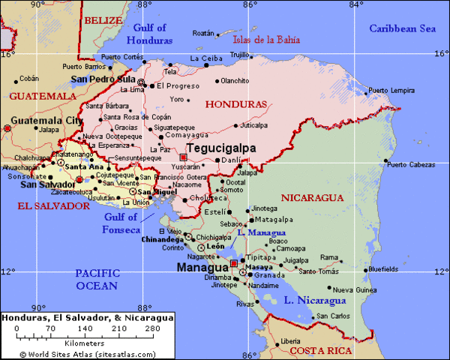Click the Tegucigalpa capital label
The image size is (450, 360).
pos(220,148)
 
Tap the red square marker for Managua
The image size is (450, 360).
pos(234,264)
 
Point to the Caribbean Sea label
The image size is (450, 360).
pos(402,28)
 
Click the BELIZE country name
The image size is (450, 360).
pos(102,20)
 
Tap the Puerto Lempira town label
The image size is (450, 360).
pos(391,91)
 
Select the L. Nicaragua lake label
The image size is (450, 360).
pos(314,301)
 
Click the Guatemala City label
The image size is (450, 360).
pos(47,120)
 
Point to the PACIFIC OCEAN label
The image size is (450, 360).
pos(97,280)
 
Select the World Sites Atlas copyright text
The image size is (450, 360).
pos(88,353)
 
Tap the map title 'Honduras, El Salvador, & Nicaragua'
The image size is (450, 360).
pos(88,318)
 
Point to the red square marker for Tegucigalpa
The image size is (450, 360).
pos(183,157)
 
